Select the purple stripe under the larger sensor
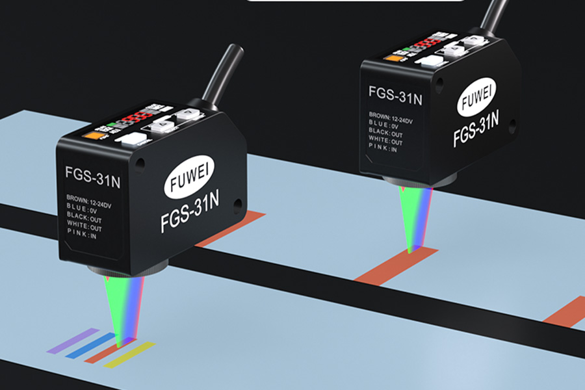72,341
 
